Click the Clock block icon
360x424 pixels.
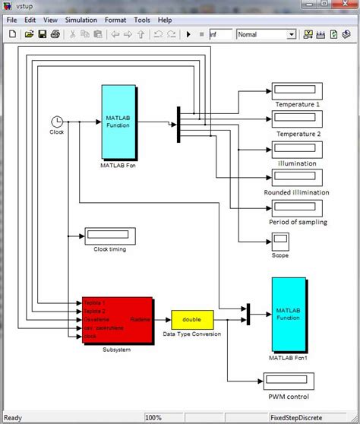click(57, 121)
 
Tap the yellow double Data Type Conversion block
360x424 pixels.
click(192, 319)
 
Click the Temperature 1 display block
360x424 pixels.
click(297, 92)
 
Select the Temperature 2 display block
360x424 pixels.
click(297, 119)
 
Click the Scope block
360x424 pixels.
click(280, 242)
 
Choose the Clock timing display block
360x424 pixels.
click(110, 235)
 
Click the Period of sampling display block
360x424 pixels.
click(297, 207)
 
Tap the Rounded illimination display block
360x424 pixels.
click(297, 177)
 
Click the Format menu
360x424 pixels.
click(115, 20)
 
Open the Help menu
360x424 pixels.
click(165, 20)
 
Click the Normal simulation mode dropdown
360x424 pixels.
click(266, 34)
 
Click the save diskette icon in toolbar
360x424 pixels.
click(43, 34)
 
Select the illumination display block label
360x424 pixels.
click(297, 163)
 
